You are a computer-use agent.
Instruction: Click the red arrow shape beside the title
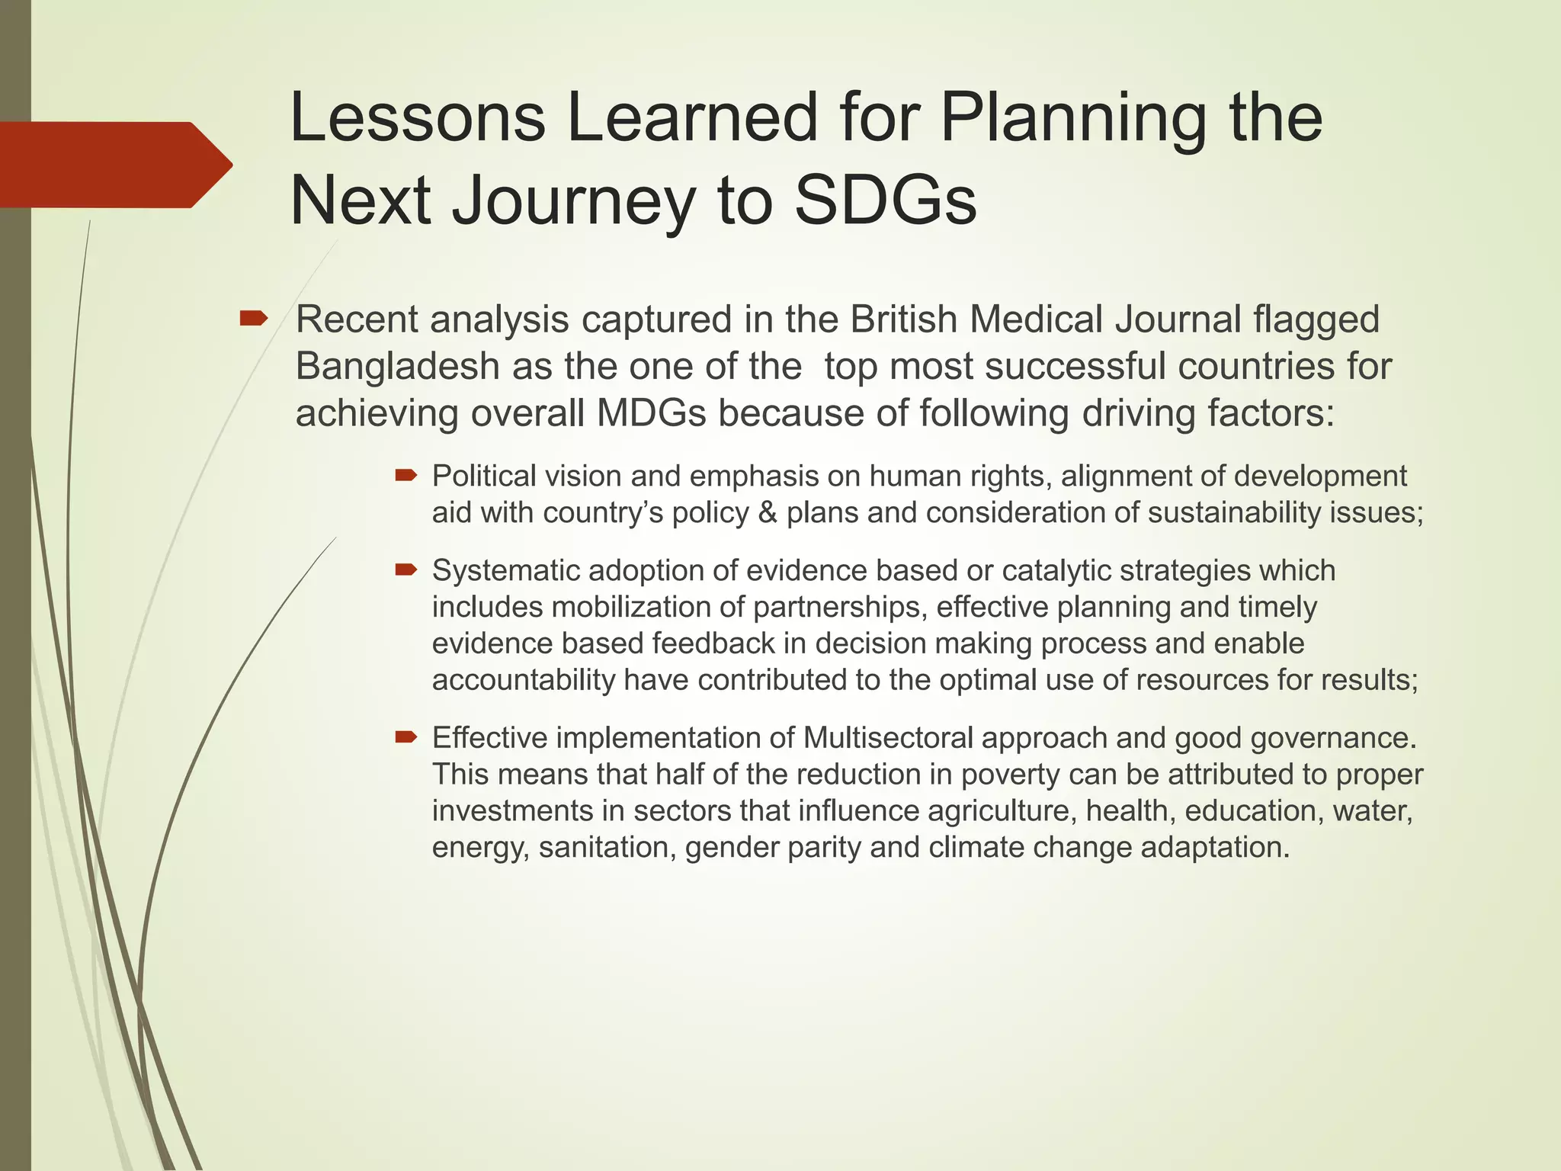coord(114,165)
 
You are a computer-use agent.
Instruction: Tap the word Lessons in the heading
coord(418,117)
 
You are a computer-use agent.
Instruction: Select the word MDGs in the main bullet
coord(652,414)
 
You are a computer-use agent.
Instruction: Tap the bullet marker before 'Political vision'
coord(406,476)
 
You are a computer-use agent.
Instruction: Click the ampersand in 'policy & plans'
coord(768,513)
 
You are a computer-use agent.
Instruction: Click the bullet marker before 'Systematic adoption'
coord(406,569)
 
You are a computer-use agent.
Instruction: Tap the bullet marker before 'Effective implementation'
coord(406,736)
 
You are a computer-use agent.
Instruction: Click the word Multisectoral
coord(888,738)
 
